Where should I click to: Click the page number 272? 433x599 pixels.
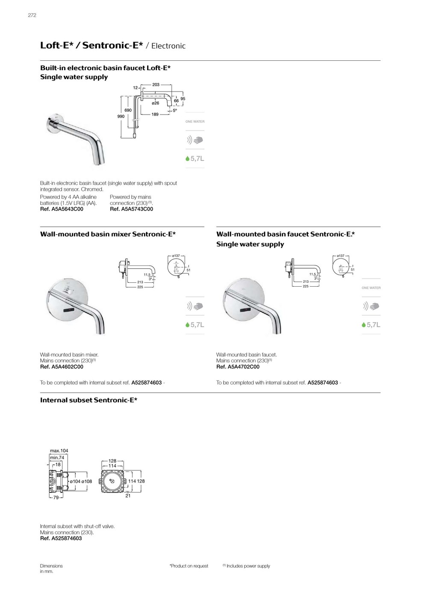(32, 15)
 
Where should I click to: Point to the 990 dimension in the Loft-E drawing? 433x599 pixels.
(121, 116)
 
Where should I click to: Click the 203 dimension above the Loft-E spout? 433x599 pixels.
(156, 85)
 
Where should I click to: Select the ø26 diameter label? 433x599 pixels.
(156, 103)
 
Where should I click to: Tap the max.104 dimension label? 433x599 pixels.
(59, 451)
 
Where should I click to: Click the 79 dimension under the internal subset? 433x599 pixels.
(56, 498)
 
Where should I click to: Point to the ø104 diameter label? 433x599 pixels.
(75, 481)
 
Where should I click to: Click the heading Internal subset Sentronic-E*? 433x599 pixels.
(88, 400)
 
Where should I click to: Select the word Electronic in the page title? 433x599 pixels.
(168, 46)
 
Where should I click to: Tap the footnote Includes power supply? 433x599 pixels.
(248, 566)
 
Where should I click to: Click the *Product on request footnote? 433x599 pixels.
(189, 566)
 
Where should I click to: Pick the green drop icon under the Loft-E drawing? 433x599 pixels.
(187, 159)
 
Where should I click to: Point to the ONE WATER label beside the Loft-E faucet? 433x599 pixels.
(195, 122)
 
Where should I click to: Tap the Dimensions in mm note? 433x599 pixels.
(51, 569)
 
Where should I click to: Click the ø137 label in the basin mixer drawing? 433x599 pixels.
(176, 255)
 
